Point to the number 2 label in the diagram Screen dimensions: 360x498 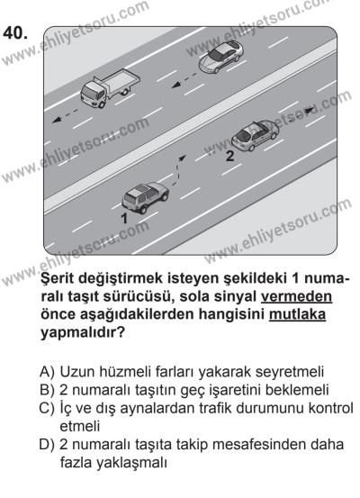click(229, 156)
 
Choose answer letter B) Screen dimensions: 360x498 click(51, 389)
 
